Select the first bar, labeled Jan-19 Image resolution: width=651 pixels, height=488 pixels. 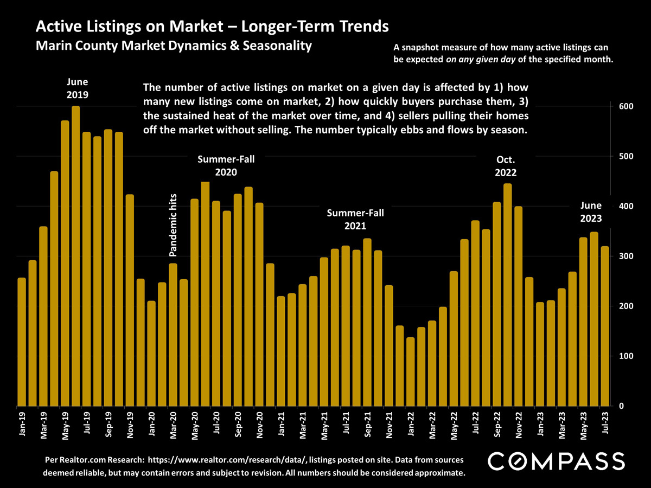pos(22,342)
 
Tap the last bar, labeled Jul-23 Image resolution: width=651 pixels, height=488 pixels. pos(604,326)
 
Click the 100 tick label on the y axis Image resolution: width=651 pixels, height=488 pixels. pos(624,356)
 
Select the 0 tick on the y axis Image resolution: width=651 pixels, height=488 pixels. pos(621,406)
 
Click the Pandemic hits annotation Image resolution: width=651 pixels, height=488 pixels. pos(173,224)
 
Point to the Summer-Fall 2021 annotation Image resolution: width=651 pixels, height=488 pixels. pos(355,220)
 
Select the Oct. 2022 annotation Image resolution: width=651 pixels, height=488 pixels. pos(506,166)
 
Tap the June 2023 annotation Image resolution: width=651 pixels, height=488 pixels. pos(591,212)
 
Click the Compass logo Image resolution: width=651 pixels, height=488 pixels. pos(557,461)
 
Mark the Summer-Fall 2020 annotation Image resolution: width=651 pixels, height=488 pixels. pos(226,166)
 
